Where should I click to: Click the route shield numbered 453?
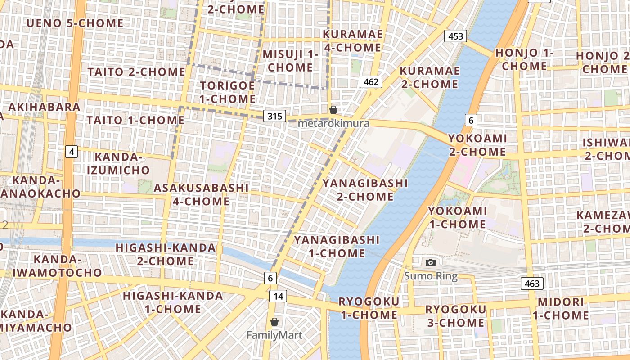[x=455, y=36]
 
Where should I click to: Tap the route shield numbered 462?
[x=371, y=82]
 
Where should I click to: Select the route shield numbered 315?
[x=275, y=117]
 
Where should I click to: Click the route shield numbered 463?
[x=532, y=283]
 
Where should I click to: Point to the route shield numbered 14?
[x=278, y=296]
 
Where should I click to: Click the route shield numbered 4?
[x=71, y=152]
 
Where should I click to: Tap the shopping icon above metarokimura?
[x=333, y=110]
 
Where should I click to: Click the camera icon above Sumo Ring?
[x=431, y=262]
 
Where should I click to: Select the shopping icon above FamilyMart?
[x=274, y=322]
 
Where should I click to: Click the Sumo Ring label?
[x=431, y=276]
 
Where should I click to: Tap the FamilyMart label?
[x=274, y=335]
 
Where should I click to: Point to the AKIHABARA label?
[x=44, y=107]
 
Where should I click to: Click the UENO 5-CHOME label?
[x=75, y=23]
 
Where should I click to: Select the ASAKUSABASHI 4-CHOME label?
[x=201, y=194]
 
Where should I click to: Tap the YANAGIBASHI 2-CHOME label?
[x=365, y=190]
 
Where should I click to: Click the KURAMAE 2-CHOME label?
[x=429, y=77]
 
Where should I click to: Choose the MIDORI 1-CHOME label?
[x=561, y=308]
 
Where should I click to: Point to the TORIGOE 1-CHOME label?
[x=228, y=92]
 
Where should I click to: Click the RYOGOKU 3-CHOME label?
[x=455, y=316]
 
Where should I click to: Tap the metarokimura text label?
[x=333, y=123]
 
